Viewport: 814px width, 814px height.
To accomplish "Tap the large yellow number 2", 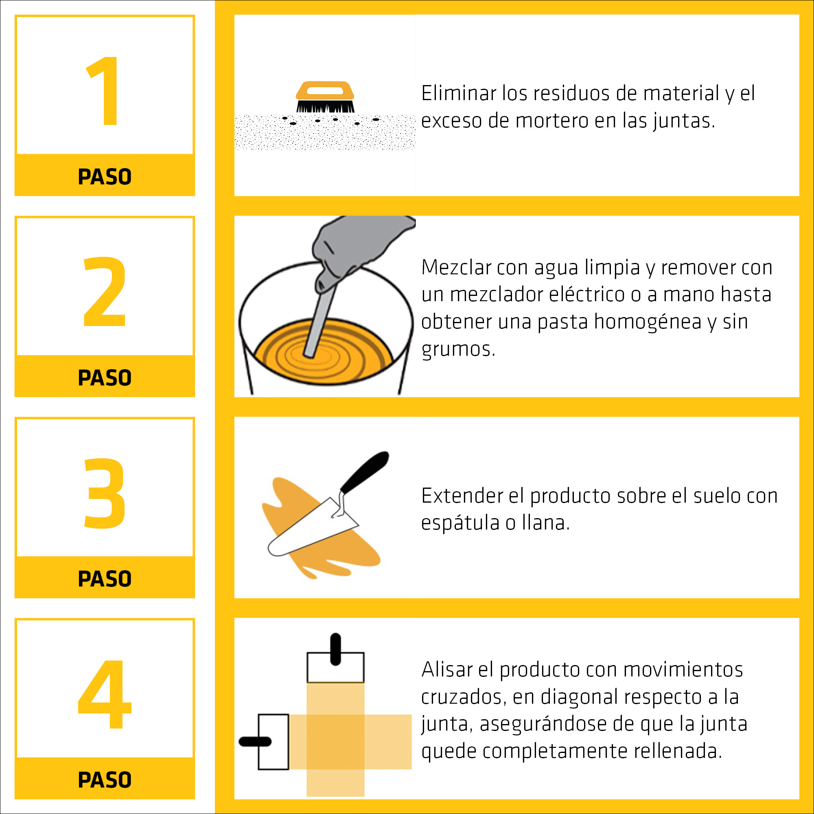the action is [x=105, y=291].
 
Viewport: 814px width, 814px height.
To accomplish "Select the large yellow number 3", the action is [x=105, y=492].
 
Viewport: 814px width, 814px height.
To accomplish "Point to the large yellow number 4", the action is [x=105, y=694].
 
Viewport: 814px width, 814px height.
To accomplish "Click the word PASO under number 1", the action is [x=105, y=177].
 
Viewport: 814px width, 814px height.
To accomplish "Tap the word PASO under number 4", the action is [x=105, y=780].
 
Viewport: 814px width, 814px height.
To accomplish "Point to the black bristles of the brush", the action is [x=325, y=106].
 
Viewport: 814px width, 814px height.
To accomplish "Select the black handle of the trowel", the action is [x=364, y=472].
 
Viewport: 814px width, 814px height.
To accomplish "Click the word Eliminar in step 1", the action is [x=459, y=93].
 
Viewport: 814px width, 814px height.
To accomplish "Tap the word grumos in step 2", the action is [x=458, y=349].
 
